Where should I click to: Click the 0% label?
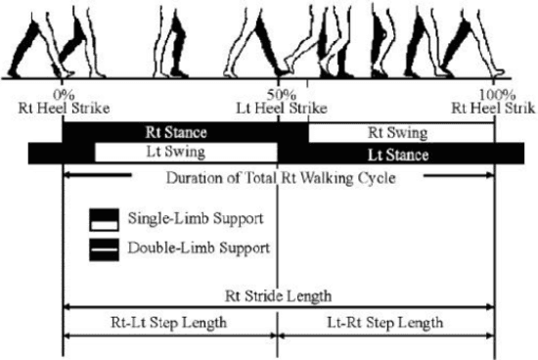tap(62, 94)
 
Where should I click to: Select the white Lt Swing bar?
tap(185, 154)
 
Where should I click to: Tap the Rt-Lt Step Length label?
tap(170, 322)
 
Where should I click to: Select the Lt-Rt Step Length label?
tap(385, 322)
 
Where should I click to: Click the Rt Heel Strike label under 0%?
tap(62, 108)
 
